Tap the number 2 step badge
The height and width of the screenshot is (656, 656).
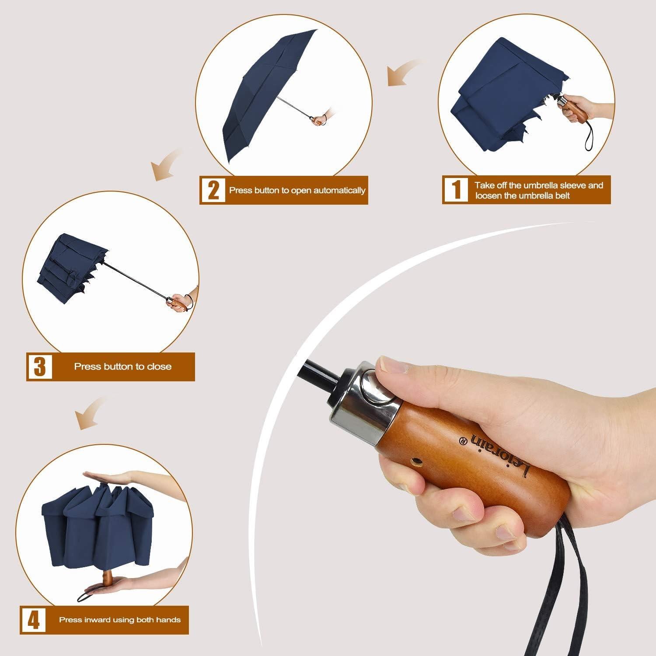click(213, 190)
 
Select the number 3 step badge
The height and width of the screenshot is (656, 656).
click(40, 366)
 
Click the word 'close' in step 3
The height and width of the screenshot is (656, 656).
click(159, 366)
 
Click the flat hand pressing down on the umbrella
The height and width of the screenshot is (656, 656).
click(109, 477)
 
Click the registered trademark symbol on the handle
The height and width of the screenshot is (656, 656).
click(462, 439)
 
